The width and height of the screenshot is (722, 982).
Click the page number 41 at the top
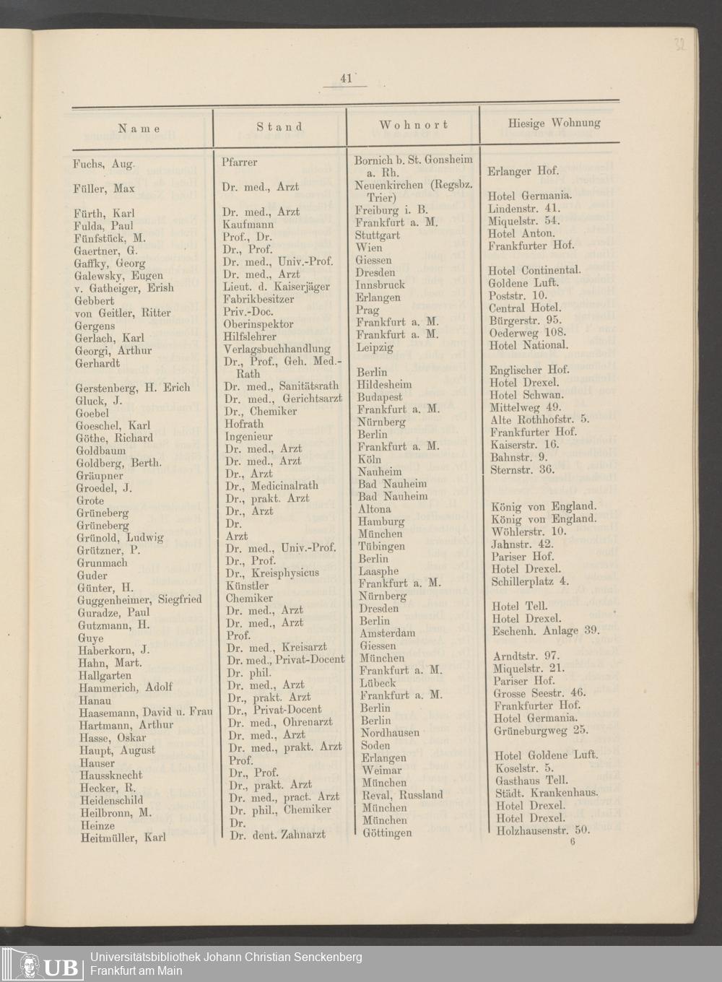point(345,79)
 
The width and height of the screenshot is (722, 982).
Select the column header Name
point(139,128)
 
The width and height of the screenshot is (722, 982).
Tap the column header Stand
point(279,126)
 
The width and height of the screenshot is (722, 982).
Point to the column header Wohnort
point(414,125)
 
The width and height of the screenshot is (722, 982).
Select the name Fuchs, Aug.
point(104,164)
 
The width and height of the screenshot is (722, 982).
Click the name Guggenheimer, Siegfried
point(139,599)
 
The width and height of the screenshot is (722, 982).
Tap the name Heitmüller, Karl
point(121,838)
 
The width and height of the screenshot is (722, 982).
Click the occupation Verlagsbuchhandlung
point(277,349)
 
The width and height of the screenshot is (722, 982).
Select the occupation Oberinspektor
point(258,324)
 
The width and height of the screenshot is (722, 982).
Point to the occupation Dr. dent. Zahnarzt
point(277,835)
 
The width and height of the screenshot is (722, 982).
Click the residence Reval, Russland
point(403,795)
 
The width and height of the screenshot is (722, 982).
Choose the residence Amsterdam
point(388,633)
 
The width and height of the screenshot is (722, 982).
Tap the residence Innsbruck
point(380,284)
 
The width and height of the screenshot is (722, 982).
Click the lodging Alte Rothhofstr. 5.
point(539,419)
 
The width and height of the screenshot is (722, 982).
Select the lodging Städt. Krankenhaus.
point(547,793)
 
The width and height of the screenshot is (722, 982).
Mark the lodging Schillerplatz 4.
point(530,581)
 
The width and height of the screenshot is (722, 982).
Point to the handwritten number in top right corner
point(679,45)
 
